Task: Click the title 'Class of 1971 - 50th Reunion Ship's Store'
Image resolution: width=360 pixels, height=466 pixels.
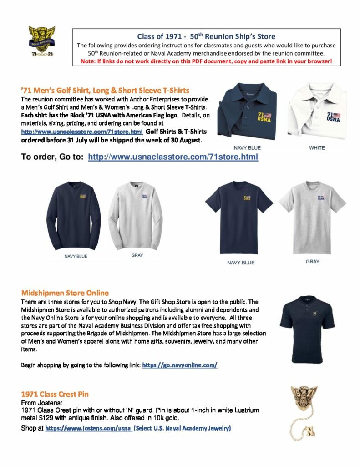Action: tap(206, 36)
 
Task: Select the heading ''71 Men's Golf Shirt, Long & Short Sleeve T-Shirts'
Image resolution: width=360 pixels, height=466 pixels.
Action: tap(105, 90)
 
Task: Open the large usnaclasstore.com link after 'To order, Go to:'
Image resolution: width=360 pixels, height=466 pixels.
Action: tap(172, 157)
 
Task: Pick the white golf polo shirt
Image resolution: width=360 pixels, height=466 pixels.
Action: tap(317, 111)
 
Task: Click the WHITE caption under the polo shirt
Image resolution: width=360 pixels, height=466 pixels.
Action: tap(317, 148)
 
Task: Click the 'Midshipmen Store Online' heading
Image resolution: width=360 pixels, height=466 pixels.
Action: tap(65, 293)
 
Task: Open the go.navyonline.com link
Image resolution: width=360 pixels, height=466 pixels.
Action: tap(180, 365)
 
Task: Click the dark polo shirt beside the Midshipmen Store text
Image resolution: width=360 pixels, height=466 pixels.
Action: tap(307, 328)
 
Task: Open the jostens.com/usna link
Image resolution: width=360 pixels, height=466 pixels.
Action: tap(89, 428)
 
